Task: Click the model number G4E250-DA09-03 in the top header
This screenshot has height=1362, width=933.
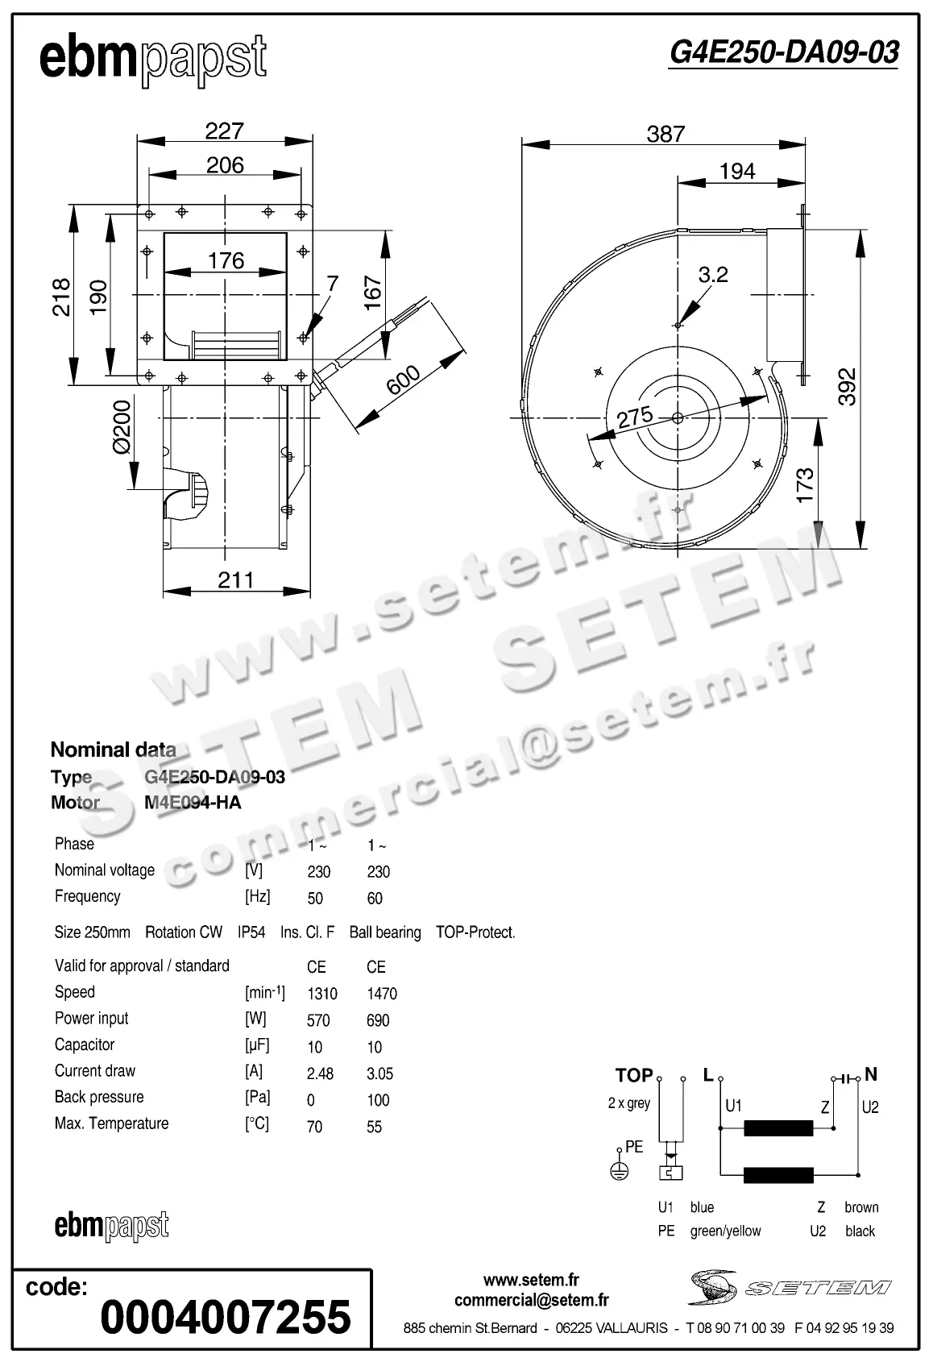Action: tap(783, 52)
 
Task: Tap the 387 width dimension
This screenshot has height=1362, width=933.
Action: tap(666, 134)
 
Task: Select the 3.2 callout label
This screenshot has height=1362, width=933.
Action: tap(713, 275)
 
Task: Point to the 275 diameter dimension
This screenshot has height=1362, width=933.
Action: tap(634, 417)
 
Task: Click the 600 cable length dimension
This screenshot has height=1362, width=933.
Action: tap(404, 380)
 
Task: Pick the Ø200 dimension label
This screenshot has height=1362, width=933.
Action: tap(121, 427)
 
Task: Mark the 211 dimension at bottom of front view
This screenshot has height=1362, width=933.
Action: tap(235, 579)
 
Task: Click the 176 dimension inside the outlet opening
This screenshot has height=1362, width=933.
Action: tap(226, 260)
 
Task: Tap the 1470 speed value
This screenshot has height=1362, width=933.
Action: tap(381, 994)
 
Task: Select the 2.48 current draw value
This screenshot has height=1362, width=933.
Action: tap(320, 1073)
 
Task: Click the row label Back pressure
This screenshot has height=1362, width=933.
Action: tap(99, 1097)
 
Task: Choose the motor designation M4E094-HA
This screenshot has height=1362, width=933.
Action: tap(193, 803)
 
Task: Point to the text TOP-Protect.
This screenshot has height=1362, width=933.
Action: tap(475, 932)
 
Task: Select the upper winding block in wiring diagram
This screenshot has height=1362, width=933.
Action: tap(777, 1128)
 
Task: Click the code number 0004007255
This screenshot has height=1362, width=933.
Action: tap(226, 1317)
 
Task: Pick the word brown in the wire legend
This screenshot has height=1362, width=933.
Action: tap(861, 1207)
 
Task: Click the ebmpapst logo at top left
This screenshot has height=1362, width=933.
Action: tap(152, 59)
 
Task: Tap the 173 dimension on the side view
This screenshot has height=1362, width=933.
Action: tap(805, 485)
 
